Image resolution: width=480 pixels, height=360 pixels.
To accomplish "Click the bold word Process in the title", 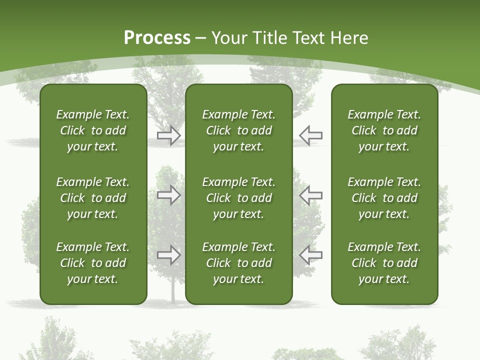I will pyautogui.click(x=157, y=37).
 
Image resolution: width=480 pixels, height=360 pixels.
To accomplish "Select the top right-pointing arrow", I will pyautogui.click(x=168, y=135).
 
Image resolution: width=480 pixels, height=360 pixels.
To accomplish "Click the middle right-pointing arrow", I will pyautogui.click(x=168, y=195).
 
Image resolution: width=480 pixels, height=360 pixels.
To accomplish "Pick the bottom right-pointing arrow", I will pyautogui.click(x=168, y=255).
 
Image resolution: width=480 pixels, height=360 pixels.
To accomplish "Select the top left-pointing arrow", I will pyautogui.click(x=311, y=135).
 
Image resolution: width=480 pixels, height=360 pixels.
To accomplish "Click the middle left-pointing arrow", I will pyautogui.click(x=311, y=195).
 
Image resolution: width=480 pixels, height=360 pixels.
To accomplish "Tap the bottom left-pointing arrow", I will pyautogui.click(x=311, y=255).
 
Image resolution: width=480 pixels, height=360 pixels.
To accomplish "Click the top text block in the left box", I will pyautogui.click(x=93, y=130).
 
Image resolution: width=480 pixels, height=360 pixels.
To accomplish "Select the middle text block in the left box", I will pyautogui.click(x=93, y=198).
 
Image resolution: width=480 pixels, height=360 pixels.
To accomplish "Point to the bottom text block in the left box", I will pyautogui.click(x=93, y=263).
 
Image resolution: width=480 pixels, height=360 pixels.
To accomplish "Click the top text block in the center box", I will pyautogui.click(x=238, y=130).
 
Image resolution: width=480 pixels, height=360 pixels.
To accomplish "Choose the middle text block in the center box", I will pyautogui.click(x=238, y=198).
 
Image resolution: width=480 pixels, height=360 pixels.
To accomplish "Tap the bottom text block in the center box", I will pyautogui.click(x=238, y=263).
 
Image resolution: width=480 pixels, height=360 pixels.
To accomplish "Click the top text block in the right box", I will pyautogui.click(x=384, y=130).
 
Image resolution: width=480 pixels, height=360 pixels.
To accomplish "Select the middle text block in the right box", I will pyautogui.click(x=384, y=198).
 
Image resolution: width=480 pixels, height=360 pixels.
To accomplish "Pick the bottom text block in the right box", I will pyautogui.click(x=384, y=263).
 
